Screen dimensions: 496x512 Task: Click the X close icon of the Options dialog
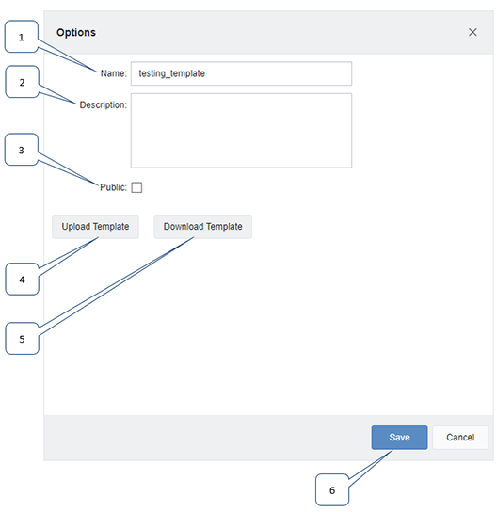click(x=472, y=32)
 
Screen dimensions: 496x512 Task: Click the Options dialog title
click(x=76, y=33)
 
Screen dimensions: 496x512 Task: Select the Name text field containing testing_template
click(x=241, y=73)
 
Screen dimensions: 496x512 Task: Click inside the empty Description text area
click(x=241, y=131)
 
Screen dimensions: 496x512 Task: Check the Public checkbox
click(x=136, y=187)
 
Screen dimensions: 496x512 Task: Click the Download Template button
click(x=202, y=227)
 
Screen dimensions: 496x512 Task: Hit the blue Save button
click(x=399, y=438)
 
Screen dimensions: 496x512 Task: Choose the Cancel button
click(x=460, y=438)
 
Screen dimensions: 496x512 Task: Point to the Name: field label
click(x=113, y=73)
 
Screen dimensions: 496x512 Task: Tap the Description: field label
click(x=104, y=104)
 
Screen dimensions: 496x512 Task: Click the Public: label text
click(x=113, y=187)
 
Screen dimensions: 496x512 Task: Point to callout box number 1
click(x=22, y=37)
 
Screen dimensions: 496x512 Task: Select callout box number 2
click(x=23, y=82)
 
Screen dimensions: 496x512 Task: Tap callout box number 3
click(x=22, y=150)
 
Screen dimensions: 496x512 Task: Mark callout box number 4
click(x=23, y=280)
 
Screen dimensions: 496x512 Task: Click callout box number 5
click(x=23, y=339)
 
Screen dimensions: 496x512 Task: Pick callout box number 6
click(x=332, y=490)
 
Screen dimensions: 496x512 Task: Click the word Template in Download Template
click(x=224, y=227)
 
